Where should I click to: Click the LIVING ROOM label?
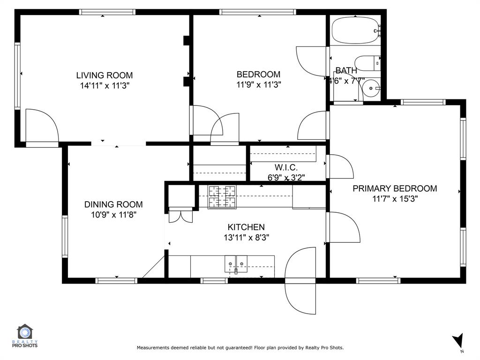point(105,75)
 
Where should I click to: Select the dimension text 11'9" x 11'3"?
point(258,85)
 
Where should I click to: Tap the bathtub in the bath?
point(355,30)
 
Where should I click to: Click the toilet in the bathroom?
point(367,62)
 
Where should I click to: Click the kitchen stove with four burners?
point(222,196)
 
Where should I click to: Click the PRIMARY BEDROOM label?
point(395,188)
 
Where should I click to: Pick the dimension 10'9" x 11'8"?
point(113,215)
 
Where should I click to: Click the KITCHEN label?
point(246,227)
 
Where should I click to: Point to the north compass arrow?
point(458,341)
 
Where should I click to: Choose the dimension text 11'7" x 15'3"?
point(395,199)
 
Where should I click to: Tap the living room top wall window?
point(107,12)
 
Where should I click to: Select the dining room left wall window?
point(65,237)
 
